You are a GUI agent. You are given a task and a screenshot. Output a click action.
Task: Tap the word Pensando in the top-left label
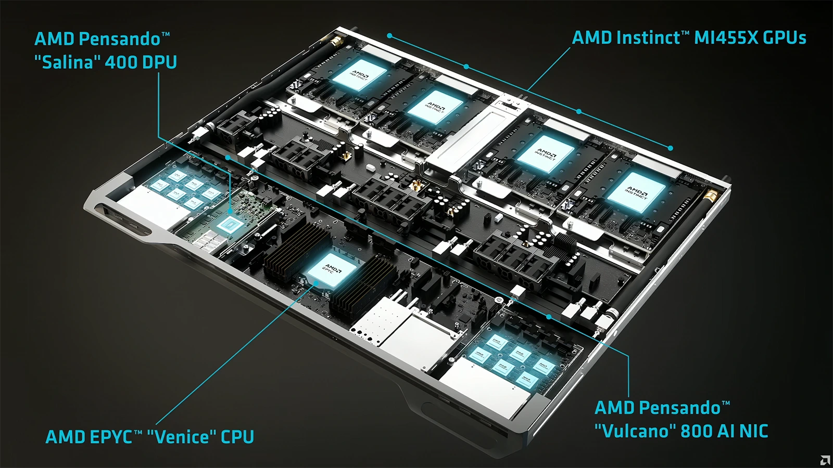pos(119,39)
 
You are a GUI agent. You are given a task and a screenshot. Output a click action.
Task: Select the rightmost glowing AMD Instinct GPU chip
pos(636,192)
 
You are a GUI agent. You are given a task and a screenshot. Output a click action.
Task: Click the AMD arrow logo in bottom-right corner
pos(825,460)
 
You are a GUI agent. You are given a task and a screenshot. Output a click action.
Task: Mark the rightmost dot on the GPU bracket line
pos(671,148)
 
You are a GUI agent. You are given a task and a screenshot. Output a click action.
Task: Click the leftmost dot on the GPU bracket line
pos(389,36)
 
